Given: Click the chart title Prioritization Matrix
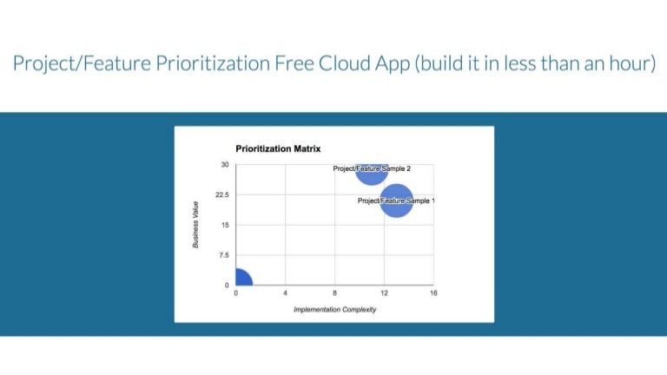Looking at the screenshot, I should click(x=278, y=149).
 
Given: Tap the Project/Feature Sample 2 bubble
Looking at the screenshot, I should click(x=371, y=172).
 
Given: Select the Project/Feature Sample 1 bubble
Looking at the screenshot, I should click(x=396, y=201).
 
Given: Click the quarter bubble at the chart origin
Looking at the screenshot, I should click(x=241, y=279).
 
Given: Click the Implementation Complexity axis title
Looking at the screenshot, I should click(x=334, y=310).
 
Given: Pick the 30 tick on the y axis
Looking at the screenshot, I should click(x=224, y=165).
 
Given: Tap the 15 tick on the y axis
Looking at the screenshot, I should click(x=224, y=225).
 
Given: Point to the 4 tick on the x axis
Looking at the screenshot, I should click(x=285, y=293).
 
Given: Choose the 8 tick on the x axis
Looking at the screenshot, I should click(x=334, y=293).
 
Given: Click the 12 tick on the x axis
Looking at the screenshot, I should click(x=384, y=293).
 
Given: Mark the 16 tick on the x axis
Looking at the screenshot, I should click(x=433, y=293).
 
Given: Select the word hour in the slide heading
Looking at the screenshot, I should click(x=630, y=64).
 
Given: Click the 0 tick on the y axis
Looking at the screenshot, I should click(x=227, y=286).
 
